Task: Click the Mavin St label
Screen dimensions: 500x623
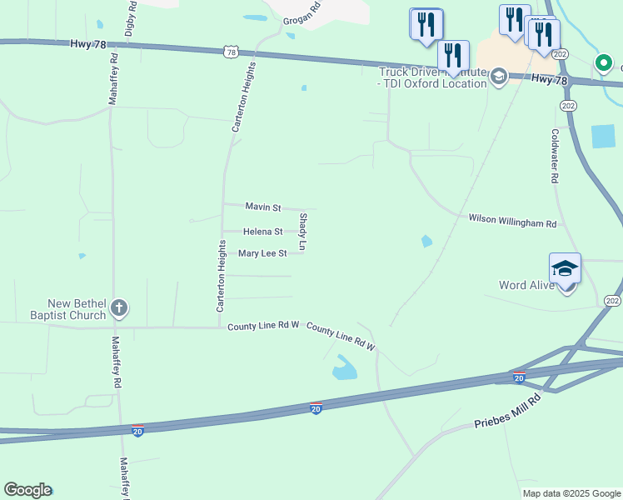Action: pyautogui.click(x=263, y=206)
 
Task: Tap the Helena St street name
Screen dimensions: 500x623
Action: pyautogui.click(x=262, y=232)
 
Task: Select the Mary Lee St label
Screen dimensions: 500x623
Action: pyautogui.click(x=262, y=253)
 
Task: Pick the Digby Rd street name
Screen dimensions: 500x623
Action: pyautogui.click(x=130, y=19)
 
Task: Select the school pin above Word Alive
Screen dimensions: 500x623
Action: pyautogui.click(x=565, y=269)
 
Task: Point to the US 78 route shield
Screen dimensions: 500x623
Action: pyautogui.click(x=231, y=52)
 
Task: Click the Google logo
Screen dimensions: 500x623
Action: pyautogui.click(x=27, y=490)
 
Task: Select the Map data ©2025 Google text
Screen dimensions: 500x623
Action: pyautogui.click(x=571, y=493)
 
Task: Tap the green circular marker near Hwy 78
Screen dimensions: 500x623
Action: pyautogui.click(x=602, y=62)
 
